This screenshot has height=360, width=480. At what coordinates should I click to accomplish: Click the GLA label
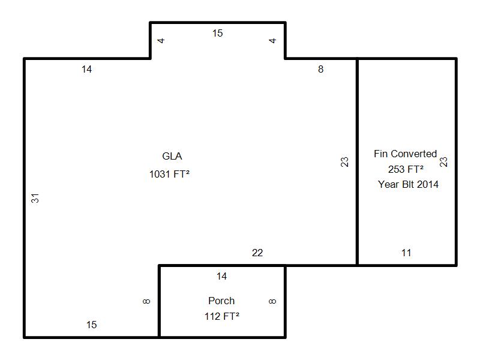[x=172, y=156]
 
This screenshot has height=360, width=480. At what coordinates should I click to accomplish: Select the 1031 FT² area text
[x=169, y=174]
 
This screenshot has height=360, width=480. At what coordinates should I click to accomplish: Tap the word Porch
[x=221, y=301]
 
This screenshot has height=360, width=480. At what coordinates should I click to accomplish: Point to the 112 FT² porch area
[x=222, y=316]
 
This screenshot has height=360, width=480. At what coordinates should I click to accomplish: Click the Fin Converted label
[x=406, y=154]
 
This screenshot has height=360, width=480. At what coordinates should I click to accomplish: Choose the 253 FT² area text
[x=406, y=169]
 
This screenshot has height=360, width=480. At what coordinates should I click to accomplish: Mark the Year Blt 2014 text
[x=408, y=184]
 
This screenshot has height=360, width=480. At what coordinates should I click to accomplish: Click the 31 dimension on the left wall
[x=35, y=198]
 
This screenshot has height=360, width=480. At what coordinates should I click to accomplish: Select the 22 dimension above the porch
[x=257, y=253]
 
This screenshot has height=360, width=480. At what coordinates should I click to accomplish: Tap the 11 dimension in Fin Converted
[x=406, y=253]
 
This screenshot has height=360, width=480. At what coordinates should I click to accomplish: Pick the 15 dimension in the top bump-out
[x=217, y=33]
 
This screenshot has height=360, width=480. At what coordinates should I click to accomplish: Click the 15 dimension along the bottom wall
[x=91, y=325]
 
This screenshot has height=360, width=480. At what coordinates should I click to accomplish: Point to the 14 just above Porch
[x=221, y=276]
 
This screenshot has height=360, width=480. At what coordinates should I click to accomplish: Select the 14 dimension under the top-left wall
[x=86, y=69]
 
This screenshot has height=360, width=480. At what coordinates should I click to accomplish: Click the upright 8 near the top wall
[x=320, y=69]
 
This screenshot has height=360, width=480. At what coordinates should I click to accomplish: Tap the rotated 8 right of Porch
[x=272, y=301]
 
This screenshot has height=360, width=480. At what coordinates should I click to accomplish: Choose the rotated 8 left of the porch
[x=146, y=301]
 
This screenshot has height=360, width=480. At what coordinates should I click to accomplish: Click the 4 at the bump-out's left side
[x=161, y=40]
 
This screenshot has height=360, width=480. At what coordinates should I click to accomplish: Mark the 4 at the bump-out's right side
[x=272, y=40]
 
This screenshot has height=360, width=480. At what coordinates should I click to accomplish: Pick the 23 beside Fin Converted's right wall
[x=443, y=161]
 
